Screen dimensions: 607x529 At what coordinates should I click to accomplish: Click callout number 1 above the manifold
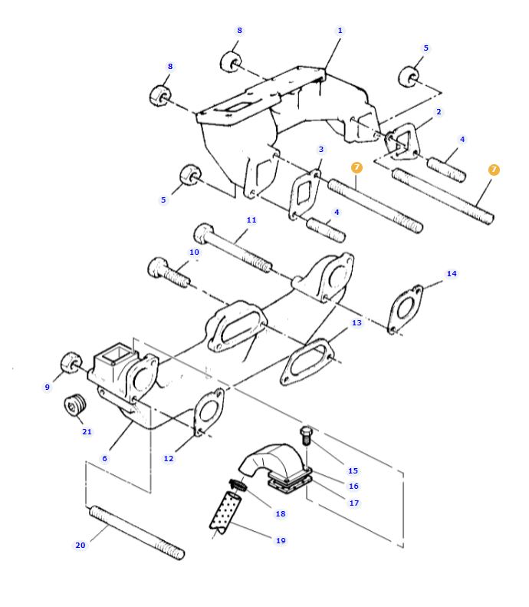(340, 31)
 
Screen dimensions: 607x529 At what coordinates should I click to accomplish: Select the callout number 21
(87, 431)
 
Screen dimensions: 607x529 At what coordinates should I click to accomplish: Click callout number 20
(80, 546)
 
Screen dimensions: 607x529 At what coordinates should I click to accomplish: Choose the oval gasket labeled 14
(404, 309)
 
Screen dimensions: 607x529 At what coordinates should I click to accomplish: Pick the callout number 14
(452, 274)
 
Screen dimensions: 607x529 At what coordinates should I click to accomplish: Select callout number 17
(353, 503)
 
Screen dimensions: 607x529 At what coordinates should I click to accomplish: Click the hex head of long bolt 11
(203, 232)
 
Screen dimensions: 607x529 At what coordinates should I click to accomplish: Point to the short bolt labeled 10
(168, 272)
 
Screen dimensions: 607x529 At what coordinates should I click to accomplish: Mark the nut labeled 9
(71, 361)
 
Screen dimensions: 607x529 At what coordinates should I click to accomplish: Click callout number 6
(105, 458)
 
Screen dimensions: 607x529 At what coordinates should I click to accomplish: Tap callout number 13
(356, 323)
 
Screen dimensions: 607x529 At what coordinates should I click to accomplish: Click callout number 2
(439, 112)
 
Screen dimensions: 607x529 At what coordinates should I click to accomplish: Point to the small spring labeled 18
(238, 484)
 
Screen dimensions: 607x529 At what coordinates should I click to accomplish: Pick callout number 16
(353, 486)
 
